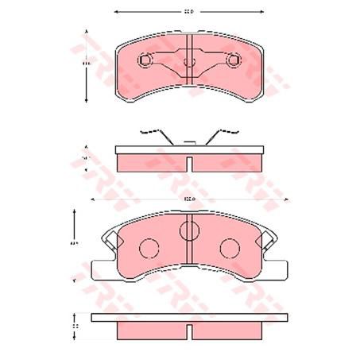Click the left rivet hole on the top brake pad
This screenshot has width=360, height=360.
[145, 60]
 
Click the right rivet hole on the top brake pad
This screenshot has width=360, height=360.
[233, 60]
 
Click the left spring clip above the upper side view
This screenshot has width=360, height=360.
[153, 132]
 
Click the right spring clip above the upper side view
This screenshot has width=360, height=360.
[225, 132]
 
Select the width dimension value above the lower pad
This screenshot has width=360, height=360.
[188, 198]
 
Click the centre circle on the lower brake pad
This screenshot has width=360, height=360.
[189, 231]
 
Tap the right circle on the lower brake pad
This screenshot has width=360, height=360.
[230, 249]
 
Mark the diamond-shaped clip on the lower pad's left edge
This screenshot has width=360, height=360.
[111, 235]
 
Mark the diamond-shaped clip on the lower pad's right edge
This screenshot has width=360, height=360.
[267, 235]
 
